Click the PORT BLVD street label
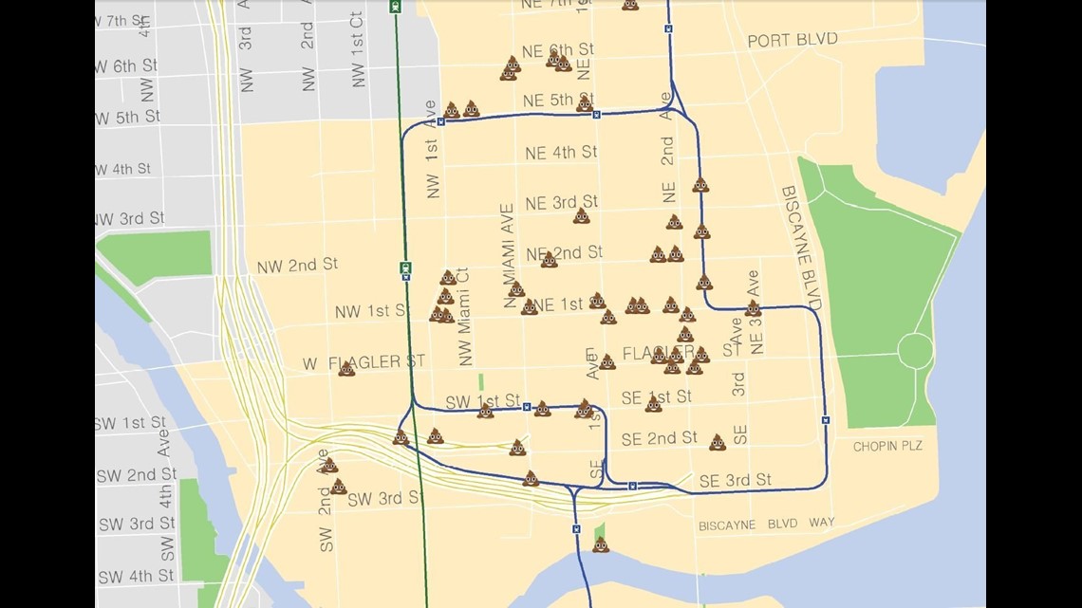tap(792, 40)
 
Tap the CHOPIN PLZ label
tap(887, 446)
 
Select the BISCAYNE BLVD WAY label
tap(766, 524)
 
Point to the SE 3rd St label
tap(735, 481)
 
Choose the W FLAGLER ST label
tap(364, 362)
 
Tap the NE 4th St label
tap(560, 152)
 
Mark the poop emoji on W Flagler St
tap(346, 368)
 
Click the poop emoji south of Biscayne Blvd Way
tap(600, 544)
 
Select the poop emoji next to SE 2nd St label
tap(717, 442)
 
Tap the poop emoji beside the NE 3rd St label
tap(581, 216)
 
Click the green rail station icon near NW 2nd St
tap(405, 268)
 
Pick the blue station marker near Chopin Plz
tap(825, 419)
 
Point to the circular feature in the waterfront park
tap(915, 351)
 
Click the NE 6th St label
tap(558, 49)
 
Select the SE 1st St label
tap(658, 396)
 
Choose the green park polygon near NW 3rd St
tap(154, 257)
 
